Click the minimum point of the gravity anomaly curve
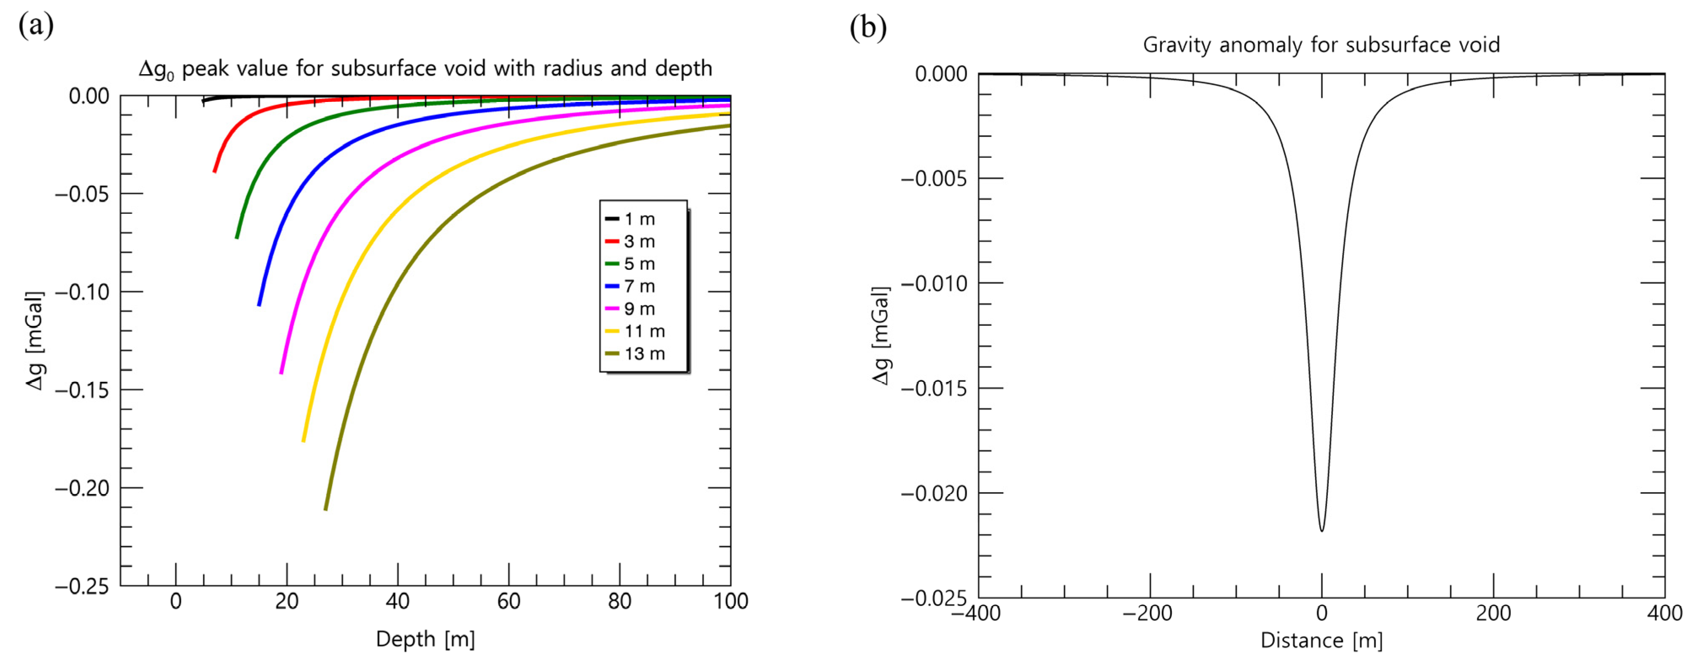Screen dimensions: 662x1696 (x=1322, y=531)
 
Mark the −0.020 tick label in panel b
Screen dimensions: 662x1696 (x=934, y=493)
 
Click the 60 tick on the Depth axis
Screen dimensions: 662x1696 (x=508, y=601)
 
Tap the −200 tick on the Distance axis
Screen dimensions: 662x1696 (x=1147, y=613)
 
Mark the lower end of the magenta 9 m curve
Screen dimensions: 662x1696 (x=281, y=373)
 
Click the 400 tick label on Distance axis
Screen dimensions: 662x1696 (x=1664, y=613)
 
